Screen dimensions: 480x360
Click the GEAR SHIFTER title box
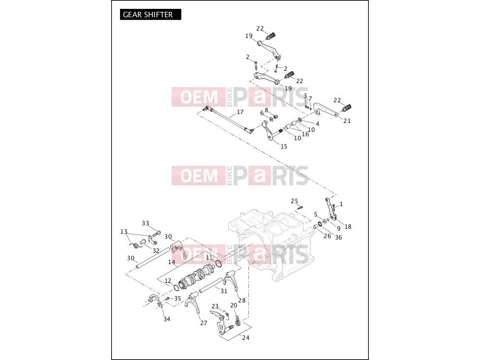pyautogui.click(x=150, y=14)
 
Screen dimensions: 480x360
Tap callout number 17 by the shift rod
pyautogui.click(x=240, y=112)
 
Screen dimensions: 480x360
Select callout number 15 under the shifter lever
pyautogui.click(x=284, y=147)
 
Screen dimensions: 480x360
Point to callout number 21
pyautogui.click(x=347, y=120)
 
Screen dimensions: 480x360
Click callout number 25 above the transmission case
pyautogui.click(x=294, y=201)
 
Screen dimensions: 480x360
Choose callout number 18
pyautogui.click(x=348, y=227)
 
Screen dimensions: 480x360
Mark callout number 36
pyautogui.click(x=338, y=237)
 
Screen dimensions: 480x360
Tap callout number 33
pyautogui.click(x=146, y=223)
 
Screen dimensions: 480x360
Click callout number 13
pyautogui.click(x=123, y=232)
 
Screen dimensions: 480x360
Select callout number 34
pyautogui.click(x=167, y=319)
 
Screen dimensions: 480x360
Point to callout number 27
pyautogui.click(x=204, y=323)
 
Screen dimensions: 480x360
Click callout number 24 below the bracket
pyautogui.click(x=245, y=338)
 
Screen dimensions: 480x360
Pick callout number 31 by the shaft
pyautogui.click(x=224, y=291)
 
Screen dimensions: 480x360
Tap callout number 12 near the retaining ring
pyautogui.click(x=168, y=281)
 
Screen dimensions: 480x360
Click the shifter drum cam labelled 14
pyautogui.click(x=196, y=275)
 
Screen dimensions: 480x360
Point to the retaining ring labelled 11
pyautogui.click(x=218, y=264)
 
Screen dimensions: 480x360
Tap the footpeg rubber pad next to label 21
pyautogui.click(x=347, y=108)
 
